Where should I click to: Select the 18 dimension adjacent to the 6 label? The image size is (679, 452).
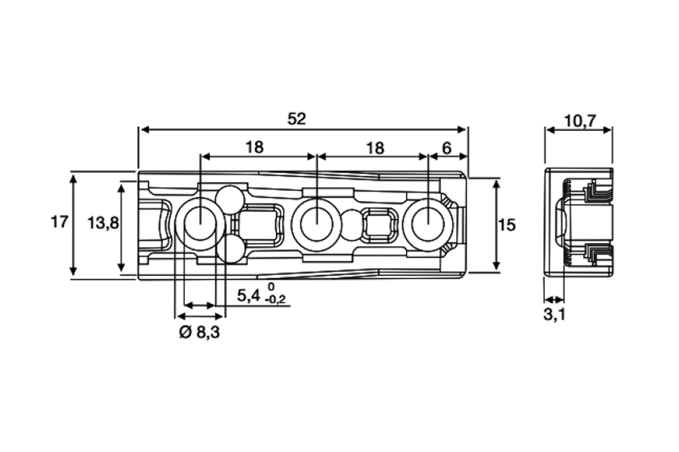(375, 147)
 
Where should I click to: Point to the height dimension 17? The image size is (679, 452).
(60, 222)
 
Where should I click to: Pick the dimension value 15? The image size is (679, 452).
(507, 225)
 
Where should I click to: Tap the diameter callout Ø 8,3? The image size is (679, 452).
(199, 333)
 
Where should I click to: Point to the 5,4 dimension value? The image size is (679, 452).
(249, 295)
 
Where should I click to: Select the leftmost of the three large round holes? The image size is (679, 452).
(198, 224)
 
